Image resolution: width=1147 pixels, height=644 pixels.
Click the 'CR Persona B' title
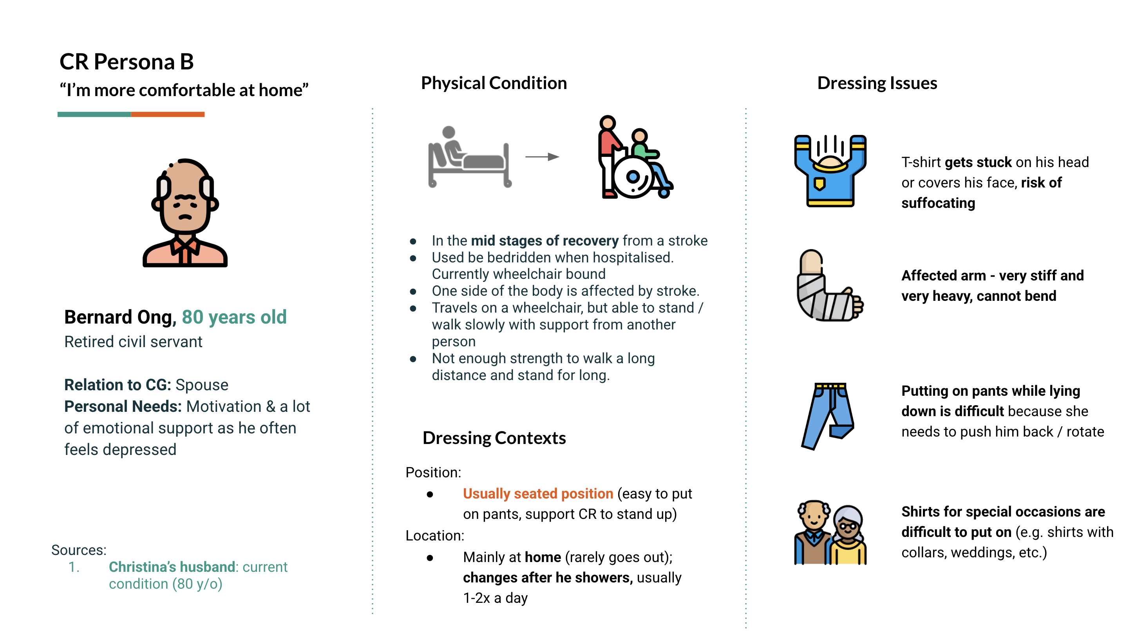127,62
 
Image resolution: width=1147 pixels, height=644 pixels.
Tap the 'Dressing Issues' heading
877,83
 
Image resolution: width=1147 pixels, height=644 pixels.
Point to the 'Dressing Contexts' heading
494,438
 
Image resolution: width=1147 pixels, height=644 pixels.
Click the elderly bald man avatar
185,213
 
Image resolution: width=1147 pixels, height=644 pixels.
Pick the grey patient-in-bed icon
469,157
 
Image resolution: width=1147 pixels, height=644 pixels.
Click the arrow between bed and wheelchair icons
541,156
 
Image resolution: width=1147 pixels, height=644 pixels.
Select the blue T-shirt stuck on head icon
830,171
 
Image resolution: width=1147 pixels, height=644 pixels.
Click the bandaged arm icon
829,285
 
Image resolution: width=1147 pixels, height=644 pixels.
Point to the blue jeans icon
827,415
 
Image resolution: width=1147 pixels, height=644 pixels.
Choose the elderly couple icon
830,532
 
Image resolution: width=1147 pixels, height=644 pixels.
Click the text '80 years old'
234,317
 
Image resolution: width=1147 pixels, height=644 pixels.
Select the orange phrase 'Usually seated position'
538,493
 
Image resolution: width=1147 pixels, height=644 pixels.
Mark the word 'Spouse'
202,385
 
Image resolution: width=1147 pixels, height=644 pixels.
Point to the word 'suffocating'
938,203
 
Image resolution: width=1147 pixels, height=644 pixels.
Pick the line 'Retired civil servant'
133,342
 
